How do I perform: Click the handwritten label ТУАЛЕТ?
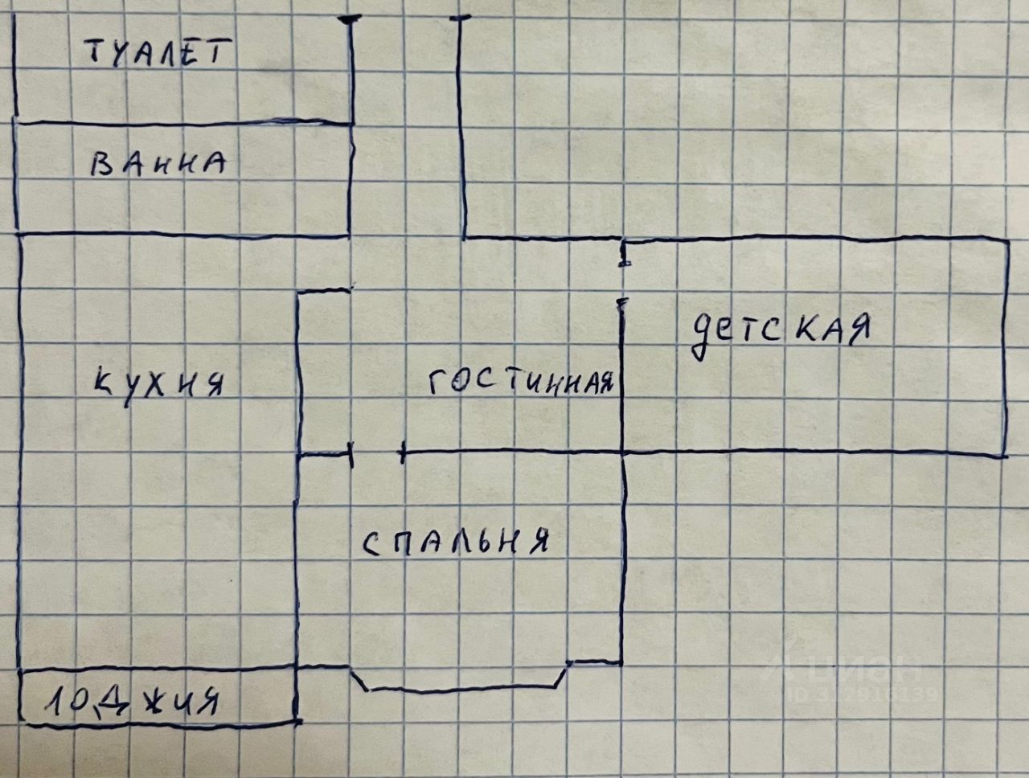tap(158, 54)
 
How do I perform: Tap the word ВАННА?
tap(158, 166)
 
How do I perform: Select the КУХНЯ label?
tap(158, 384)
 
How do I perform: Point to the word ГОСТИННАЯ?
tap(521, 384)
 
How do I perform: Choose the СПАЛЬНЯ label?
tap(456, 543)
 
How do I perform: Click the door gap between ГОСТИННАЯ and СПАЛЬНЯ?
tap(377, 454)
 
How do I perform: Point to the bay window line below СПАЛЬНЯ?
tap(462, 688)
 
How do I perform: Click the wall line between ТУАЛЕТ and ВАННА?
tap(183, 123)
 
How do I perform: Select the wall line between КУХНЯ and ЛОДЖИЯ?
tap(157, 669)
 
